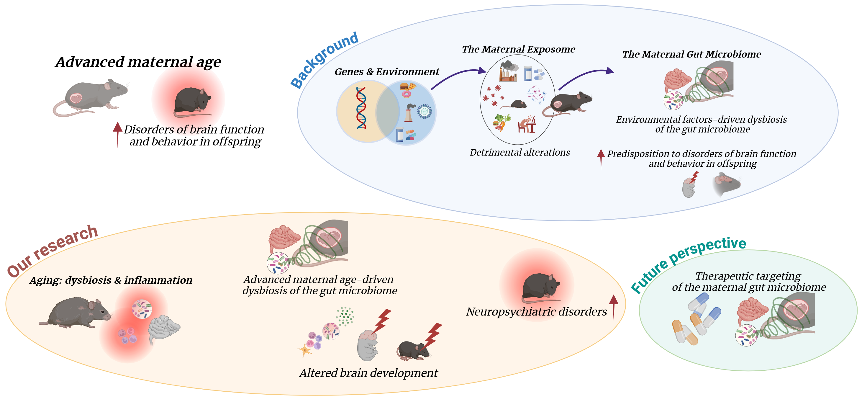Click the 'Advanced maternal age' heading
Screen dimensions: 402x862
(x=138, y=62)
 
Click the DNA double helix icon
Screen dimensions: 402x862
(x=361, y=107)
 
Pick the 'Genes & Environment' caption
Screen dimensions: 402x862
(x=386, y=72)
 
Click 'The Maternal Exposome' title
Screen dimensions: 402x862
(x=518, y=49)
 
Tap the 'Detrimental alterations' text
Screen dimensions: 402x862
(x=520, y=152)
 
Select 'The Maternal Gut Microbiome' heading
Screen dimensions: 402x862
(x=691, y=54)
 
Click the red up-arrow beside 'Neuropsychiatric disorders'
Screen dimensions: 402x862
(x=613, y=306)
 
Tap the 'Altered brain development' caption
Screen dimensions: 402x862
(x=368, y=373)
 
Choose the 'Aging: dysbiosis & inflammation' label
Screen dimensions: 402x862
(x=111, y=280)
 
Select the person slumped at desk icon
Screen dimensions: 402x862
(x=527, y=124)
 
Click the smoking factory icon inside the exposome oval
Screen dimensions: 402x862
(x=508, y=71)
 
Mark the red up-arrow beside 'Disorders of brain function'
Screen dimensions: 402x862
(x=117, y=134)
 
